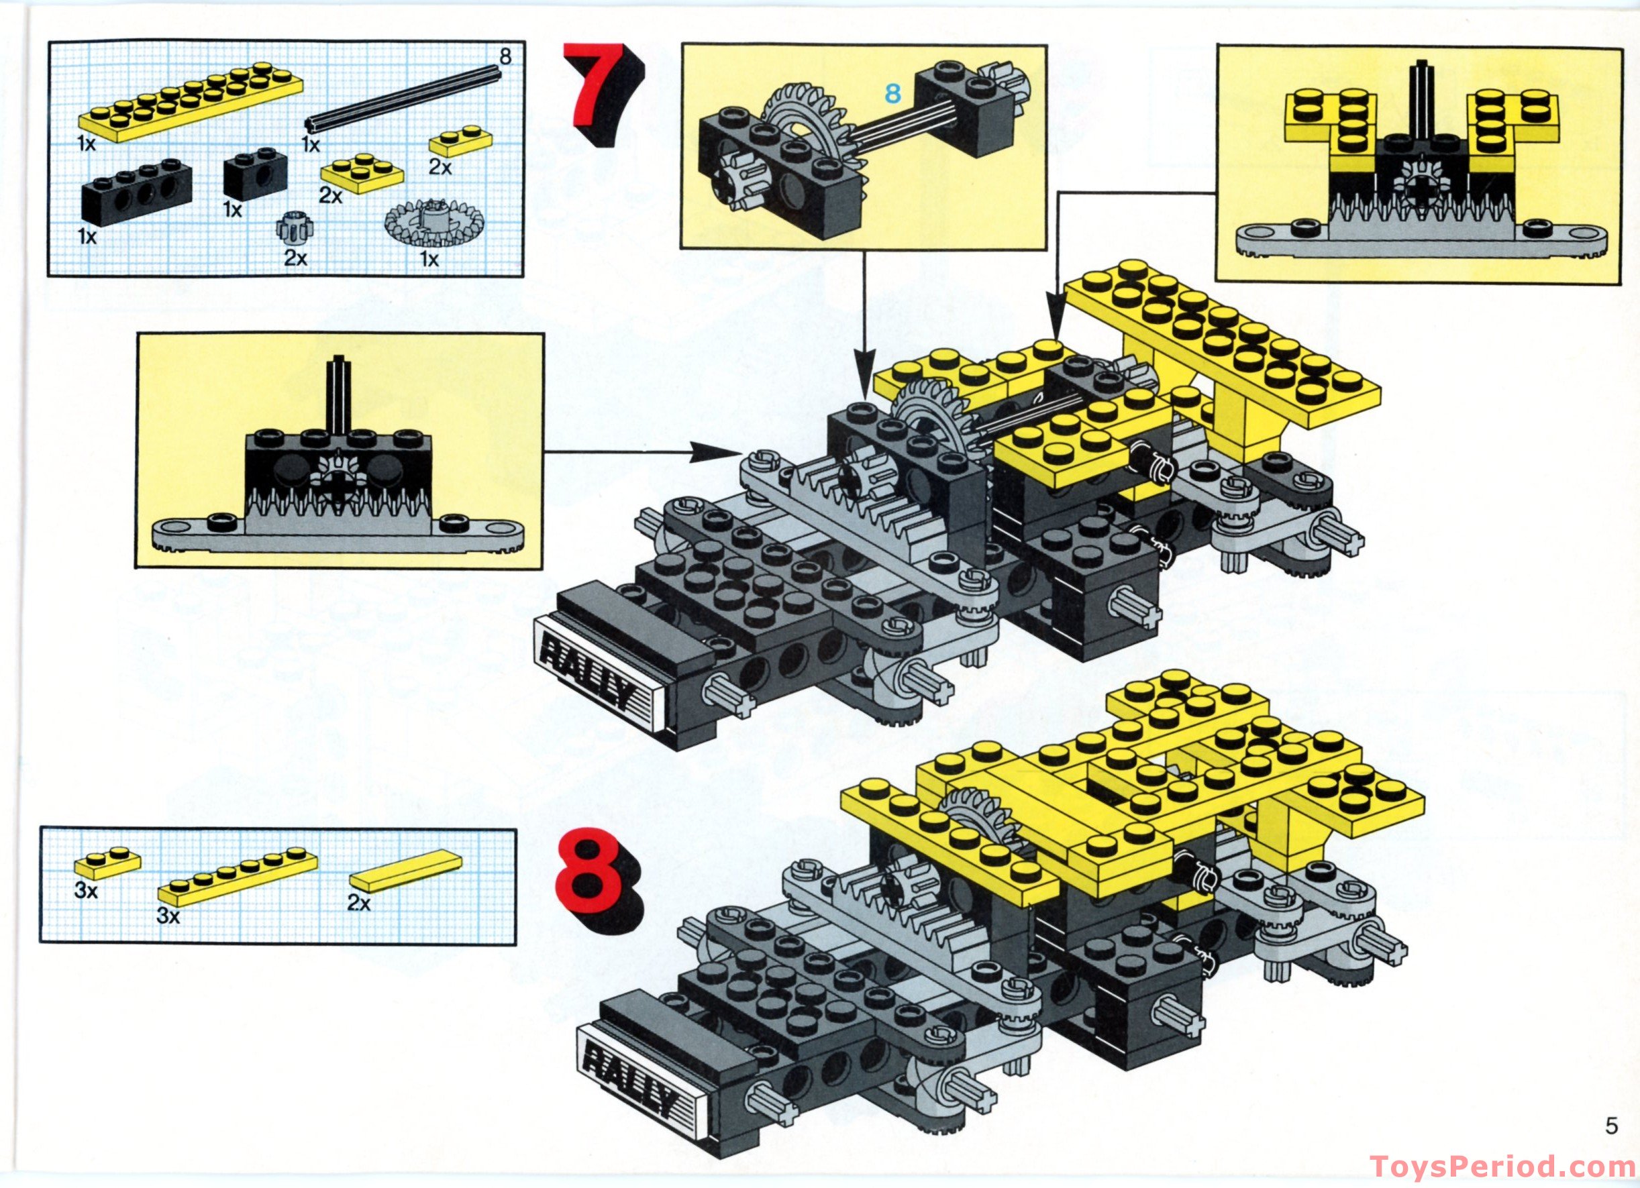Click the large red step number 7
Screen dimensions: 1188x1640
coord(603,94)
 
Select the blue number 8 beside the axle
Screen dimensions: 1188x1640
coord(894,93)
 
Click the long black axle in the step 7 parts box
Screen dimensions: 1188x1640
coord(401,95)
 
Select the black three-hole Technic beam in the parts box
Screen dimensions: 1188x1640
coord(131,194)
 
